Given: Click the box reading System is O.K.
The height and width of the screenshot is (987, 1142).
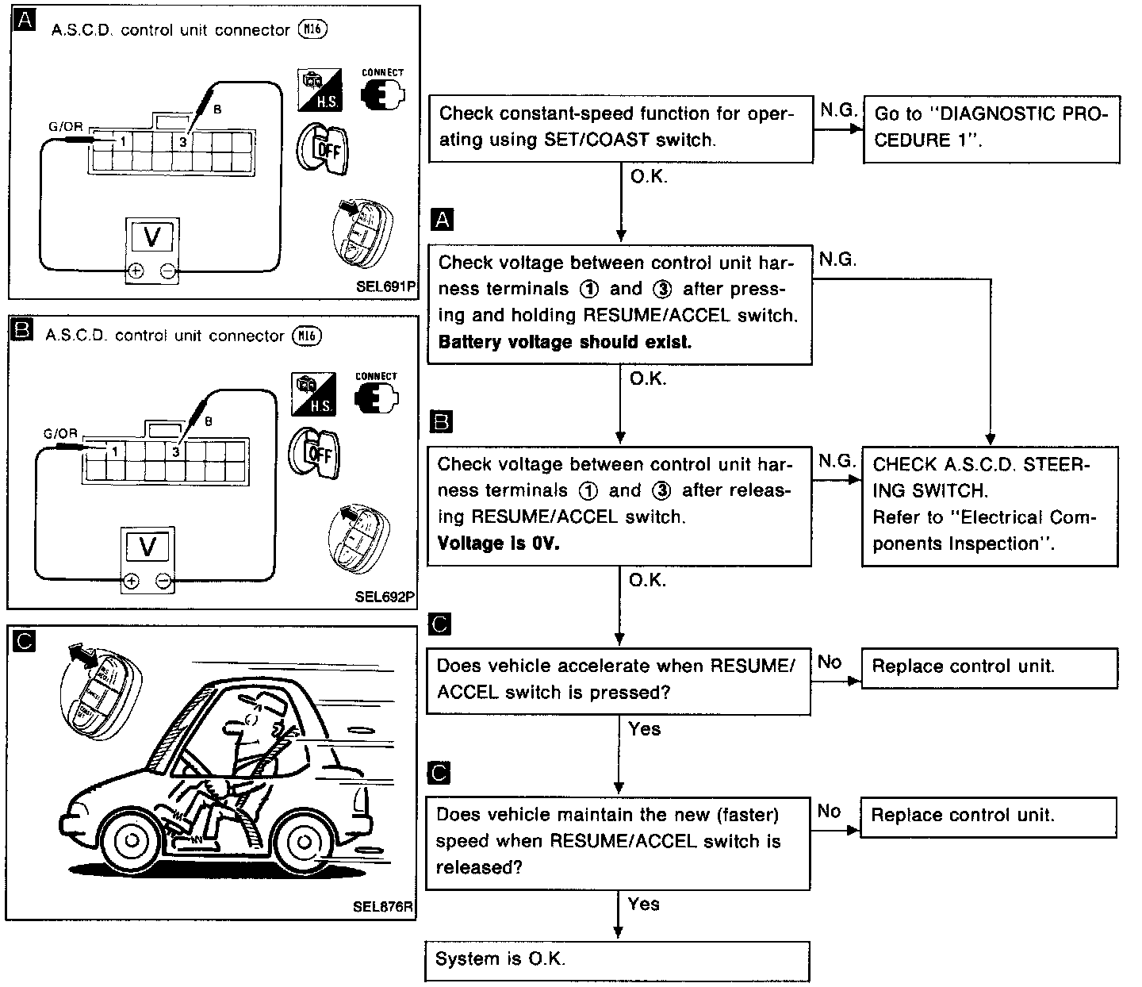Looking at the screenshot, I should click(x=617, y=960).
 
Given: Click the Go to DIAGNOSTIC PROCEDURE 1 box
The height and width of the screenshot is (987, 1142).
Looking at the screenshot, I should click(x=991, y=128).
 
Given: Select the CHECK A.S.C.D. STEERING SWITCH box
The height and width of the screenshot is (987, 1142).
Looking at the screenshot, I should click(x=990, y=505).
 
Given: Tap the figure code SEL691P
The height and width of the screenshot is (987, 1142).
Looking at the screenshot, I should click(x=385, y=287).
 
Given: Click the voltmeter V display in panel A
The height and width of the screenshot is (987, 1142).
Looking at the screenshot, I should click(x=152, y=236).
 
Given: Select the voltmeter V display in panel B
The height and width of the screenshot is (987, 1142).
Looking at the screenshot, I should click(x=147, y=546).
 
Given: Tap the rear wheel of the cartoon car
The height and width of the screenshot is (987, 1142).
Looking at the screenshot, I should click(x=302, y=839).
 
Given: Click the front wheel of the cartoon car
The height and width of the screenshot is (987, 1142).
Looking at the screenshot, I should click(x=132, y=839).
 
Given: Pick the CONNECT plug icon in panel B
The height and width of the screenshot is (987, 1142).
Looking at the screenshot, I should click(x=377, y=395).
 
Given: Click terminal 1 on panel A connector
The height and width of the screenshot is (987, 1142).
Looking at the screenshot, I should click(x=124, y=141).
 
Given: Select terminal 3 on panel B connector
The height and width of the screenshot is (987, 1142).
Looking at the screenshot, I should click(x=174, y=452).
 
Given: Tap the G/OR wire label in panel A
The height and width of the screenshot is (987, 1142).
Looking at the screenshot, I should click(x=65, y=127).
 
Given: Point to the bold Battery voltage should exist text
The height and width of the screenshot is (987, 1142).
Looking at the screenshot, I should click(x=564, y=342).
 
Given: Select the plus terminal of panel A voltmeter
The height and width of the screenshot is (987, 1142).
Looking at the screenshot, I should click(x=136, y=272).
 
